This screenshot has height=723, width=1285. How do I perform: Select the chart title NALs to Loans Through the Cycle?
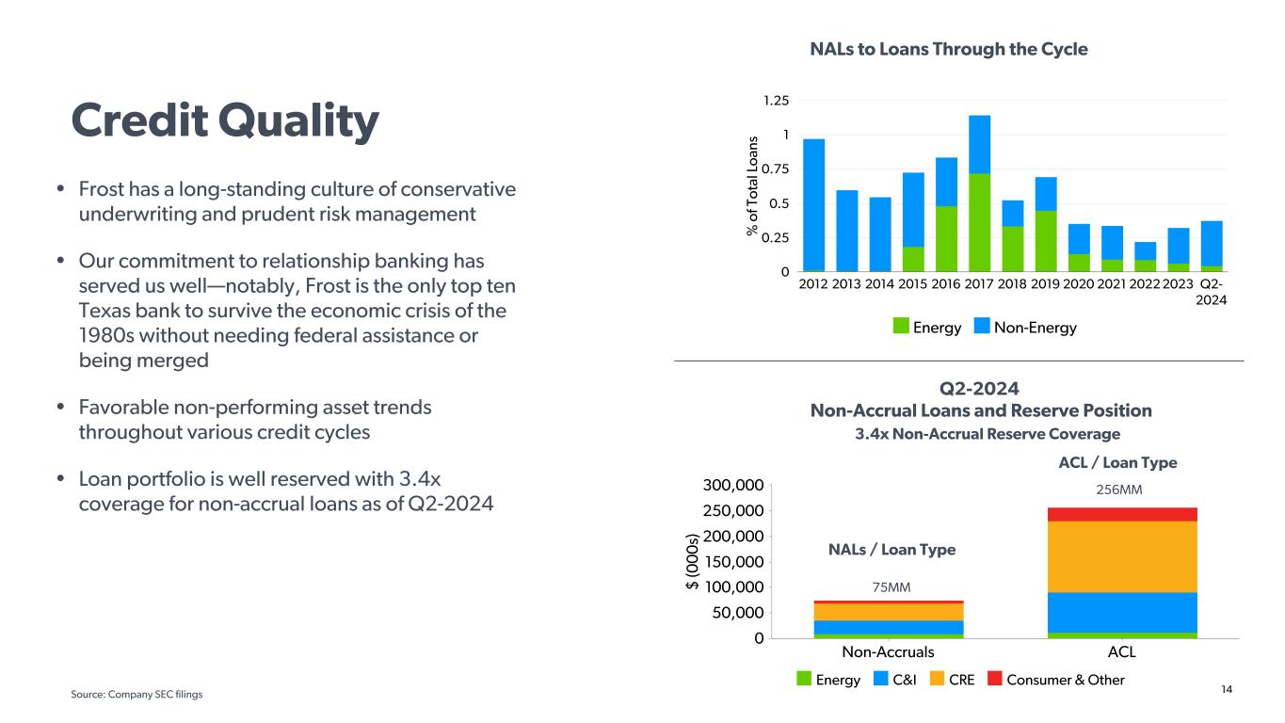pos(949,49)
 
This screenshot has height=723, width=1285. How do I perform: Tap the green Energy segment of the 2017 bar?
pos(979,222)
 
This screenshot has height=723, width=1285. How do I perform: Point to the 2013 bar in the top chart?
pos(847,231)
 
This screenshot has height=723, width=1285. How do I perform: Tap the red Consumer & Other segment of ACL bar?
pos(1122,514)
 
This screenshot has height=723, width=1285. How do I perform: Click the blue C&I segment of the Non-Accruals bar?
pos(889,627)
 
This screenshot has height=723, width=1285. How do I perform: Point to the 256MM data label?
pos(1122,490)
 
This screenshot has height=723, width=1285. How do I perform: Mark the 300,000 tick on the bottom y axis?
pos(732,486)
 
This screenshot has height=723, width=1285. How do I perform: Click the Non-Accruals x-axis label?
pos(889,652)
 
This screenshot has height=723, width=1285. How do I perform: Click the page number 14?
pos(1227,689)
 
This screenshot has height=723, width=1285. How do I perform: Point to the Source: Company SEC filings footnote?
pos(137,694)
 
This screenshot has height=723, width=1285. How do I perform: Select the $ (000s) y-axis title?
pos(694,562)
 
